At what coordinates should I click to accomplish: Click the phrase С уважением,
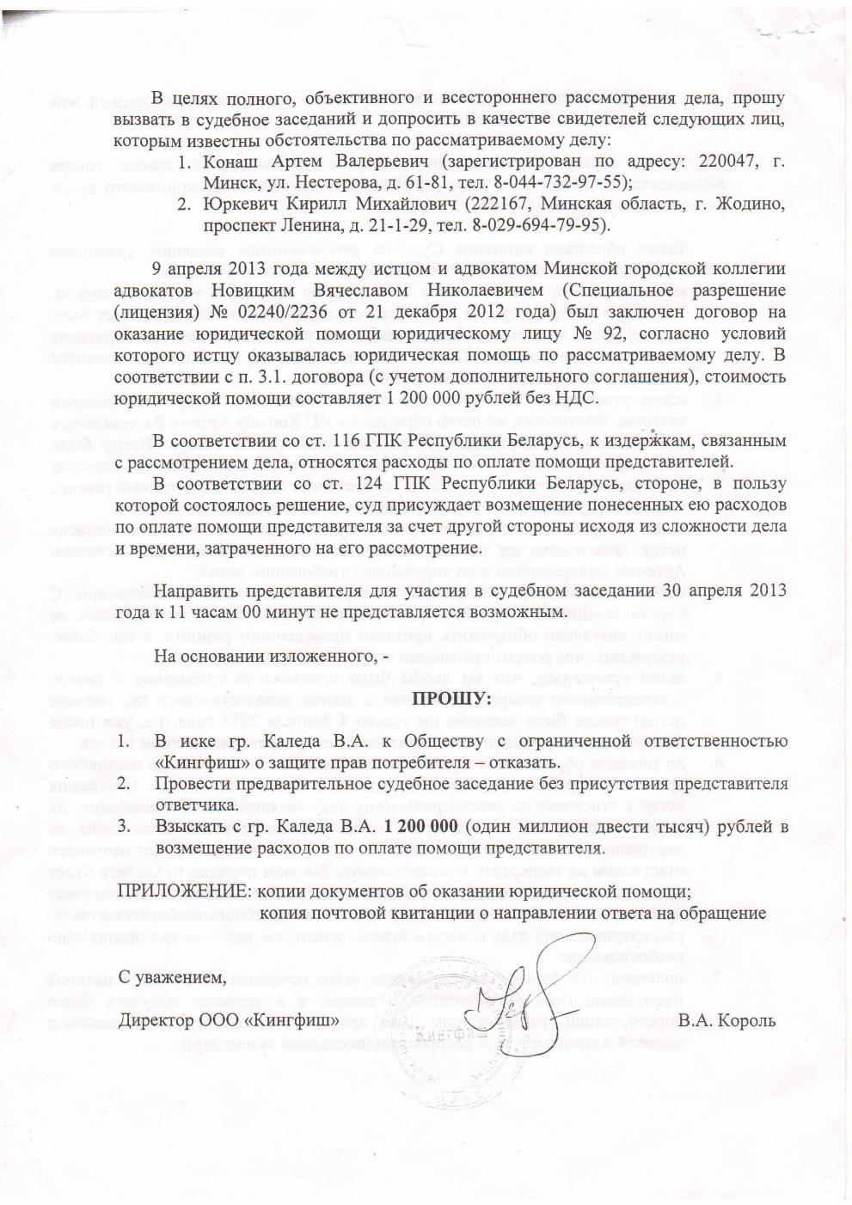(x=175, y=976)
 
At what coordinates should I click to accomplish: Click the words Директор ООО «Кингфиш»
(x=224, y=1020)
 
